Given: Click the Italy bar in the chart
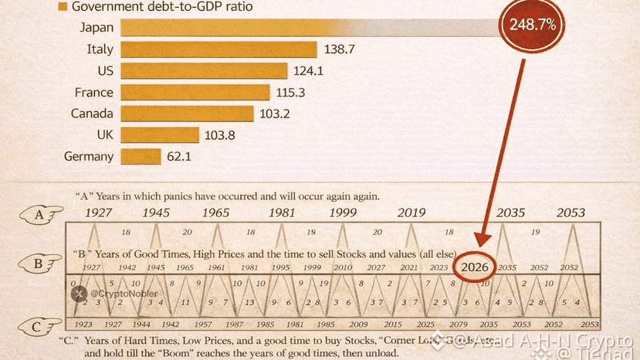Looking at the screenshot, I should click(219, 49).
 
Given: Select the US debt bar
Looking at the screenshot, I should click(206, 71).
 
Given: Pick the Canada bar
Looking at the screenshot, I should click(188, 114).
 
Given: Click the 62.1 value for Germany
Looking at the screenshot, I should click(178, 157).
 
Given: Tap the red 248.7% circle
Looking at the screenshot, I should click(532, 25).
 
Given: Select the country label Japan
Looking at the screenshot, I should click(97, 28).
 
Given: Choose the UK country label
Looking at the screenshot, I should click(105, 135).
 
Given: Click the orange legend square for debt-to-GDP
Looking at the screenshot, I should click(62, 7).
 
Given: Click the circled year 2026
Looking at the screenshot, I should click(474, 267).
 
